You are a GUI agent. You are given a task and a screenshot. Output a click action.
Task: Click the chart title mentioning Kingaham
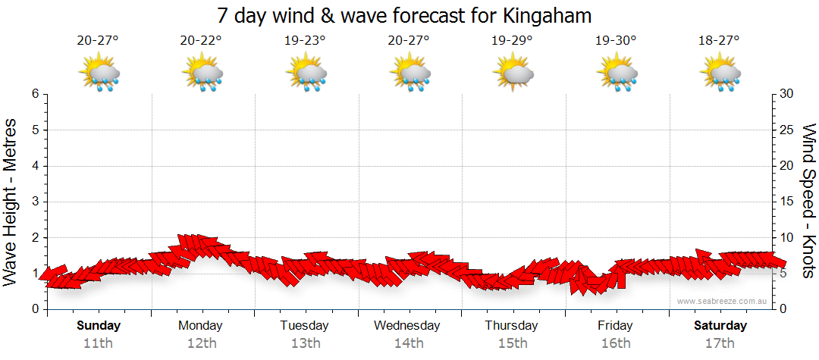(404, 15)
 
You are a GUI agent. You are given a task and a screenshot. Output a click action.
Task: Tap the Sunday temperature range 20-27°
(98, 41)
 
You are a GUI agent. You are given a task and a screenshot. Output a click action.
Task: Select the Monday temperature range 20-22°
(201, 41)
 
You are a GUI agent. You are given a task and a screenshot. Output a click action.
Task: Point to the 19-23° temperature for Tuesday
(305, 41)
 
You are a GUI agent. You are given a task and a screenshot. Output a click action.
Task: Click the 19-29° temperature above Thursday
(512, 41)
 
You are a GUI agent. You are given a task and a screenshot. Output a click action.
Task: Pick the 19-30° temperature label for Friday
(616, 41)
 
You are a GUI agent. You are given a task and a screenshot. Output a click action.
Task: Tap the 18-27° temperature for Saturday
(719, 41)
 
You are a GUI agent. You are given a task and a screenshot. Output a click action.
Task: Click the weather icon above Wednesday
(409, 74)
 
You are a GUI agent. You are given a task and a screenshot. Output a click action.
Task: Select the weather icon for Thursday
(513, 74)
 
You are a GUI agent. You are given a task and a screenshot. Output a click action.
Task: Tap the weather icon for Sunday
(99, 74)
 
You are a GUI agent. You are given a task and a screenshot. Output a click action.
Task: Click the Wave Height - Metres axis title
(11, 202)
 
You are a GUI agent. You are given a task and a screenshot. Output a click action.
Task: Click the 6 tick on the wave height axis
(35, 94)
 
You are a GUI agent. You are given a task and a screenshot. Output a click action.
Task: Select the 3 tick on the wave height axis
(35, 202)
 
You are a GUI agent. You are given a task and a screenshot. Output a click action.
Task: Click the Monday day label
(200, 326)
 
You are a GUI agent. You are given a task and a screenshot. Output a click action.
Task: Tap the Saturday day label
(720, 326)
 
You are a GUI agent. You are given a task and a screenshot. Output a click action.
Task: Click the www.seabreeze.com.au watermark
(722, 301)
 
